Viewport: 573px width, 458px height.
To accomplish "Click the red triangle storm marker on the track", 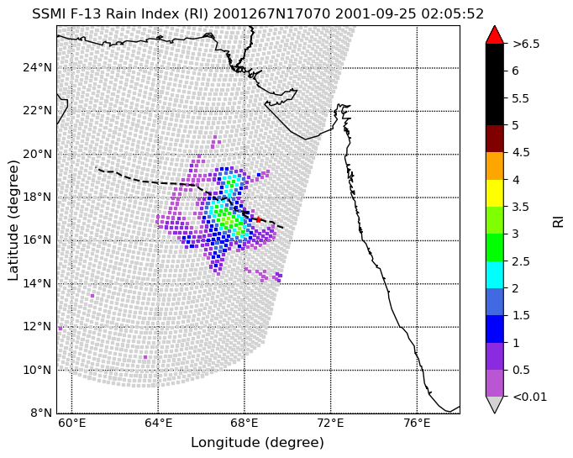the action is pos(259,219).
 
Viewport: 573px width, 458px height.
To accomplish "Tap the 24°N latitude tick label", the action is pos(37,68).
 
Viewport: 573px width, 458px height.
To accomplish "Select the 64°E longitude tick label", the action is pos(158,424).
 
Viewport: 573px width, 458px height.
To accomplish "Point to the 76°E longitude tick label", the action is pos(417,424).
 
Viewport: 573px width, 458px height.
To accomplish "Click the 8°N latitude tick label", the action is pos(40,413).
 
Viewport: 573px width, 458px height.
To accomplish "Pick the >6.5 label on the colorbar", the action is pos(526,44).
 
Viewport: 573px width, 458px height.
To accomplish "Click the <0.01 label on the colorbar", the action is pos(530,397).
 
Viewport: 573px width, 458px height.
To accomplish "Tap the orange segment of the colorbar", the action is pos(494,166).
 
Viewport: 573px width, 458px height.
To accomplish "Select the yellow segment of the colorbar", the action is pos(494,193).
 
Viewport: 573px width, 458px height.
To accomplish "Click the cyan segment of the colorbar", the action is pos(494,275).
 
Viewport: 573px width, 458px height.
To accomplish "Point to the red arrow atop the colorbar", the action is pos(494,34).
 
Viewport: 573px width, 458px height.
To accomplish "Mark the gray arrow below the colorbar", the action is pos(494,404).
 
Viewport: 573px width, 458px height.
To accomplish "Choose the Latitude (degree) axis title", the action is pos(13,220).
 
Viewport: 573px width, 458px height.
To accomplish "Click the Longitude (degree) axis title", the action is pos(258,443).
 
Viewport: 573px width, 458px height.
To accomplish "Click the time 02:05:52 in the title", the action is pos(452,14).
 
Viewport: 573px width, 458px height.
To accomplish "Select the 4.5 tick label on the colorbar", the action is pos(521,152).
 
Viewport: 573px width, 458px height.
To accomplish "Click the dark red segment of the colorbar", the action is pos(494,139).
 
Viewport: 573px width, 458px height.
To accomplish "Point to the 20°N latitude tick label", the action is pos(37,155).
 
